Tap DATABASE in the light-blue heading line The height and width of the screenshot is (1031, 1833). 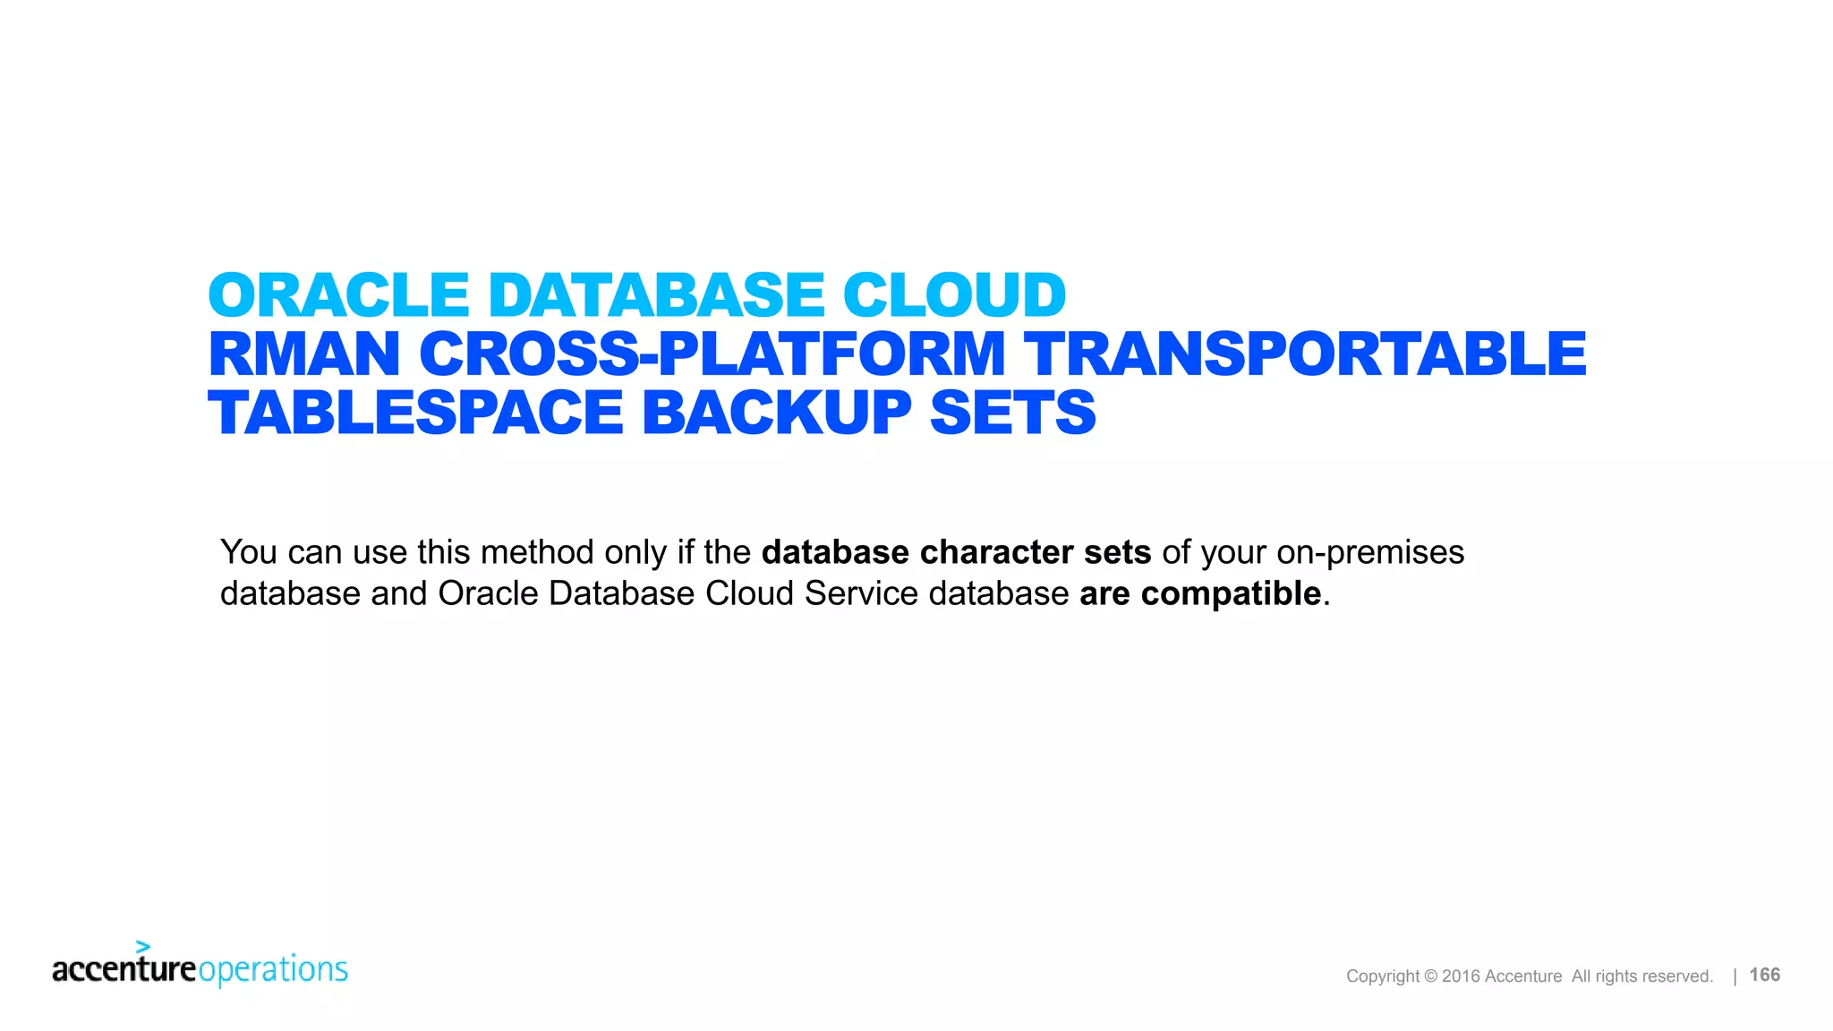pos(656,295)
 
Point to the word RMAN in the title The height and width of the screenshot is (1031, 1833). pos(304,354)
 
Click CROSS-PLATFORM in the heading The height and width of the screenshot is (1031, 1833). pos(712,354)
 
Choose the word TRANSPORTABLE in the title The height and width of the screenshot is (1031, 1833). pos(1305,354)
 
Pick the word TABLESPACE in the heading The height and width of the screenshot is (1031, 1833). pos(415,413)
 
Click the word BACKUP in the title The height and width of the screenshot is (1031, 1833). pos(777,413)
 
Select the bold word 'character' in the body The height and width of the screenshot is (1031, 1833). pos(996,552)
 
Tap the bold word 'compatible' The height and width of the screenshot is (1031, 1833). pos(1231,593)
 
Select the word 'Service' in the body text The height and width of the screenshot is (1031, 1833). pos(861,593)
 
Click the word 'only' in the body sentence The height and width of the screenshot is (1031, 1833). pos(635,552)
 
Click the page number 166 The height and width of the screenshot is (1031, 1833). pos(1764,975)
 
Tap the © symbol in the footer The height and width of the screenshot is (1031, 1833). pos(1430,976)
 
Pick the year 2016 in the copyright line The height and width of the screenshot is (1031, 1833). pos(1461,976)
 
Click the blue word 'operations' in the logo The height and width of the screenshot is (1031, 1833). pos(273,970)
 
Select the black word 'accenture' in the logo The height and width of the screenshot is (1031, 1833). pos(124,970)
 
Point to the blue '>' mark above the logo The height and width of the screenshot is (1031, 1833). pos(142,946)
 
